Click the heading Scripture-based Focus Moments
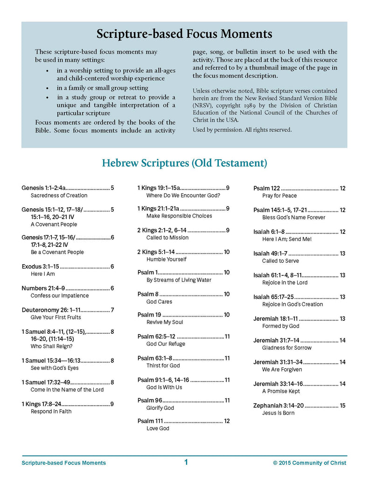tap(184, 34)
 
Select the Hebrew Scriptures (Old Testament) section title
tap(184, 163)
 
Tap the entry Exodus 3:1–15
tap(41, 267)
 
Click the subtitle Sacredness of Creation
tap(59, 196)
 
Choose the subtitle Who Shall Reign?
tap(51, 346)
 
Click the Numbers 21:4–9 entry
tap(43, 288)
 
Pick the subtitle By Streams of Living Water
tap(179, 280)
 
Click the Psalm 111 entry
tap(150, 421)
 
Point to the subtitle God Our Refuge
tap(166, 344)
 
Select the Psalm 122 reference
tap(266, 188)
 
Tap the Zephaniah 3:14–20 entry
tap(278, 405)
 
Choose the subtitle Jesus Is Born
tap(278, 413)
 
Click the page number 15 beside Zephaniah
tap(342, 405)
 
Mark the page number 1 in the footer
tap(186, 462)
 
